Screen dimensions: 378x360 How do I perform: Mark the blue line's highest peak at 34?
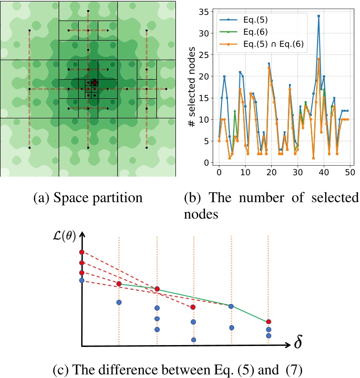[319, 16]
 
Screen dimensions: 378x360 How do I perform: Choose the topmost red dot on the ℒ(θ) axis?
[82, 252]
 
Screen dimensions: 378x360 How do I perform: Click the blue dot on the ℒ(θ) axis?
[82, 280]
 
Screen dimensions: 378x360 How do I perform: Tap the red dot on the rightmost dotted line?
[268, 322]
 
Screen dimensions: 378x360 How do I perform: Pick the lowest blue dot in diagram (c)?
[194, 340]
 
